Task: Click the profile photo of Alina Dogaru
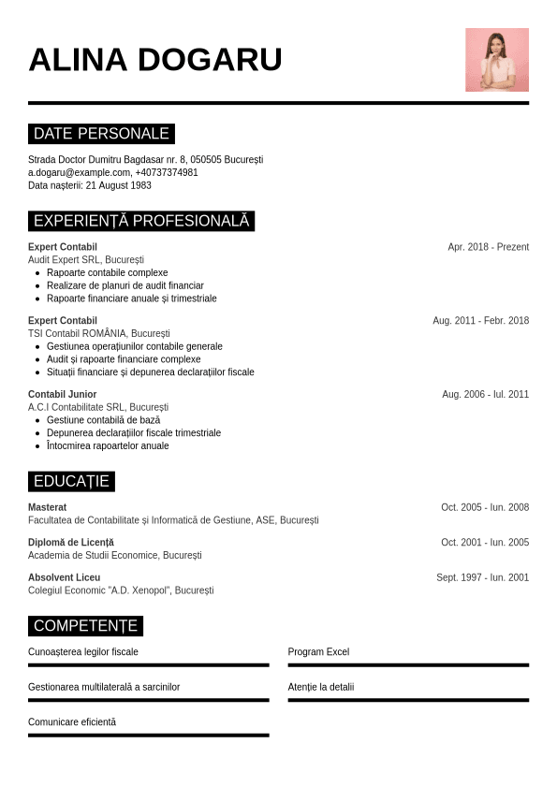point(497,60)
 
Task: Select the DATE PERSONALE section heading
point(101,134)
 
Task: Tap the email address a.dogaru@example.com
point(79,172)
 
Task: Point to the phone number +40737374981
point(167,172)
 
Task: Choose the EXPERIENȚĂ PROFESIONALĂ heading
point(141,221)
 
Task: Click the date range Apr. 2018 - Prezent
point(488,247)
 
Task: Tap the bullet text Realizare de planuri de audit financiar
point(125,285)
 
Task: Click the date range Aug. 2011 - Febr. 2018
point(480,320)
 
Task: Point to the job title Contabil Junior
point(62,394)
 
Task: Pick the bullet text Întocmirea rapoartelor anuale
point(108,445)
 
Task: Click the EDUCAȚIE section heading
point(71,481)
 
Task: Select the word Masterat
point(47,507)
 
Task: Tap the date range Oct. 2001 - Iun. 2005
point(485,543)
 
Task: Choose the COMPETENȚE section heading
point(85,626)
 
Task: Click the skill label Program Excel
point(318,651)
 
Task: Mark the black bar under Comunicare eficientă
point(148,735)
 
